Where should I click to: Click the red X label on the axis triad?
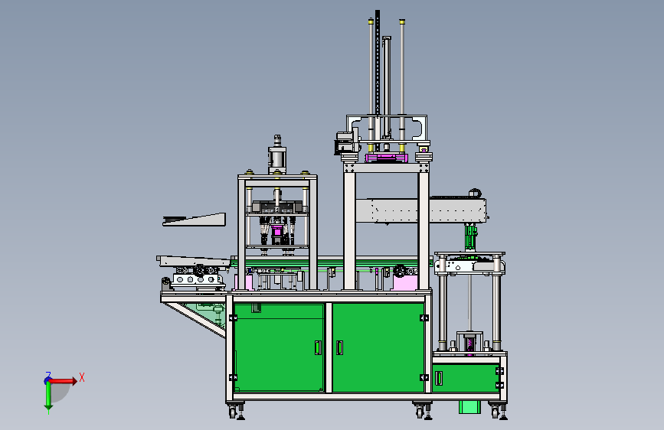pyautogui.click(x=82, y=377)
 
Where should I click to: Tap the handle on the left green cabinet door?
pyautogui.click(x=318, y=347)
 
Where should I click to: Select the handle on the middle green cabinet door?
pyautogui.click(x=339, y=347)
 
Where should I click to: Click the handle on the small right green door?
pyautogui.click(x=439, y=378)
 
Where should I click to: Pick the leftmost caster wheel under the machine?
pyautogui.click(x=233, y=412)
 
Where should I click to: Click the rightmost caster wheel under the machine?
pyautogui.click(x=495, y=412)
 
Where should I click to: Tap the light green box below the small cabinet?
pyautogui.click(x=469, y=407)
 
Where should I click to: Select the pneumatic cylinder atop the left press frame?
pyautogui.click(x=277, y=155)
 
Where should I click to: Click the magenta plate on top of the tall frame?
pyautogui.click(x=387, y=158)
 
